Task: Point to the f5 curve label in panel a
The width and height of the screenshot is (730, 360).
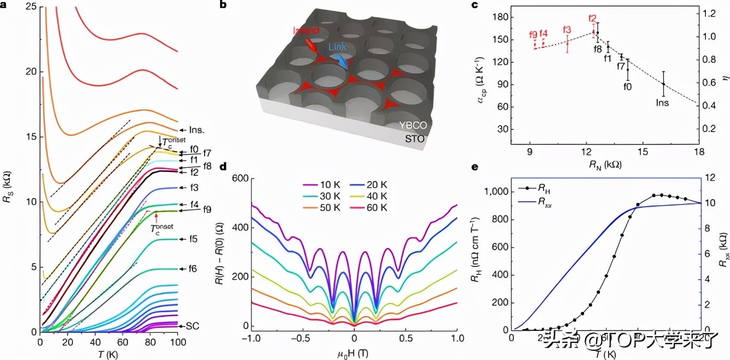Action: pos(192,239)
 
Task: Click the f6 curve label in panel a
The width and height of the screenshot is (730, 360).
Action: pos(192,269)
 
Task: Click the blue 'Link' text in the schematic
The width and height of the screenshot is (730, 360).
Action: pos(337,47)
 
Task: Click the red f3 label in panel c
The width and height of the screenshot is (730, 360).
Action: pos(567,30)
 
